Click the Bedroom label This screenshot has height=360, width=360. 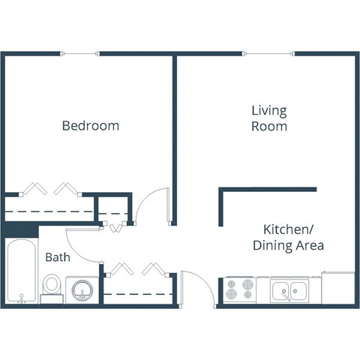point(90,125)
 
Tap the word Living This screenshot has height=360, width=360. point(269,111)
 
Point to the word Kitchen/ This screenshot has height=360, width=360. point(288,229)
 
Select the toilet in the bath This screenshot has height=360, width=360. point(52,285)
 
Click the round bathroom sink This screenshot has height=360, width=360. point(80,289)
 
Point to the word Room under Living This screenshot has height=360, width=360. point(269,127)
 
